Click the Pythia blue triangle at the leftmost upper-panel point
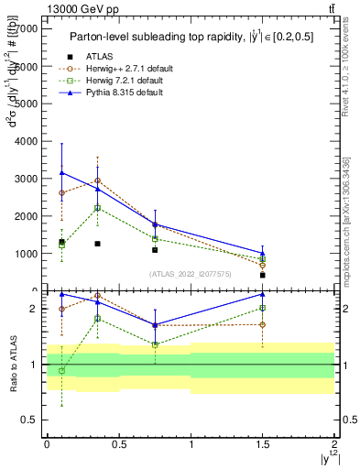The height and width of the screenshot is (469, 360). pos(61,172)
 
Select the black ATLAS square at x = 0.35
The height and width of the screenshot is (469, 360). pos(97,244)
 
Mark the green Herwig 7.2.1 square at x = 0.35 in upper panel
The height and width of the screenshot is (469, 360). pos(97,208)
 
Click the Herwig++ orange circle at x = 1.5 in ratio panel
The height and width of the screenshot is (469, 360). pos(263,324)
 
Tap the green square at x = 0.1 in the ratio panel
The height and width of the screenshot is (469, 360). pos(61,371)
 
